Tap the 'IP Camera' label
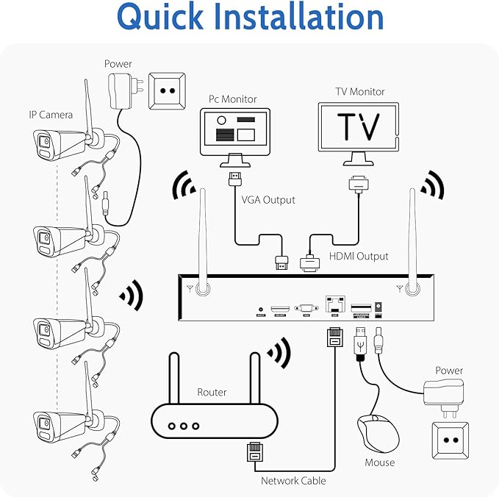51,115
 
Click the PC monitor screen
235,129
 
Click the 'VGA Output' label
268,199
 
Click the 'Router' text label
212,393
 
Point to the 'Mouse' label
379,462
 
